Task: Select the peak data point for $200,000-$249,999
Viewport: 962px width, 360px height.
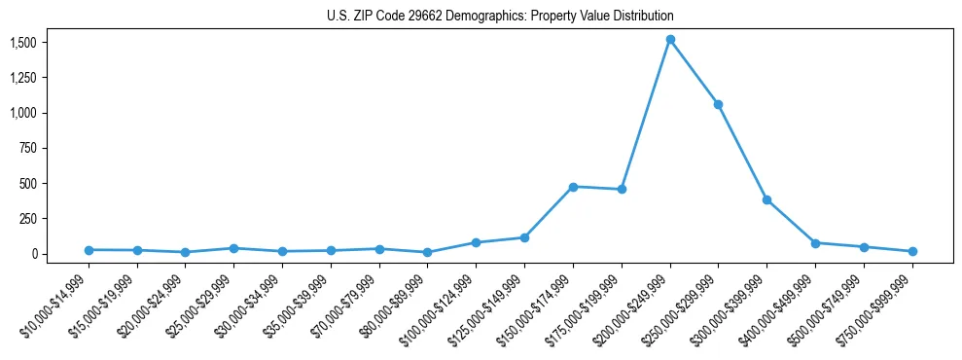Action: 670,40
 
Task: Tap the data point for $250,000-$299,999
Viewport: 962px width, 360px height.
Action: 718,104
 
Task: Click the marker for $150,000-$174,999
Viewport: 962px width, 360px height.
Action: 573,187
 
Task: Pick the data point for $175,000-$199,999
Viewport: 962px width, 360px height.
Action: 622,189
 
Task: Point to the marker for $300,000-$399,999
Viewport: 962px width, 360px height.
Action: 766,199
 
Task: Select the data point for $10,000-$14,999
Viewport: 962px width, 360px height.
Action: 89,250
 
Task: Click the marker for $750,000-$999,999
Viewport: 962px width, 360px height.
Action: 912,251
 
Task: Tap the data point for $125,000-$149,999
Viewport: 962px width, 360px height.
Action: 524,237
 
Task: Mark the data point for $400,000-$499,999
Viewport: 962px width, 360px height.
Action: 815,243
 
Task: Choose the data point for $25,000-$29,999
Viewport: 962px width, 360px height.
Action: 233,248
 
